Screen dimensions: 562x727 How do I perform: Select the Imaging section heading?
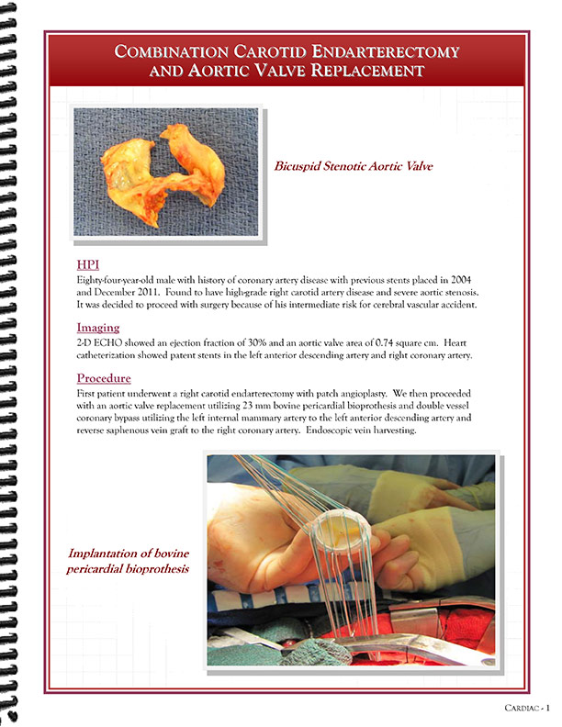97,327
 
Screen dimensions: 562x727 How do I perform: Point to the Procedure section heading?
104,377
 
